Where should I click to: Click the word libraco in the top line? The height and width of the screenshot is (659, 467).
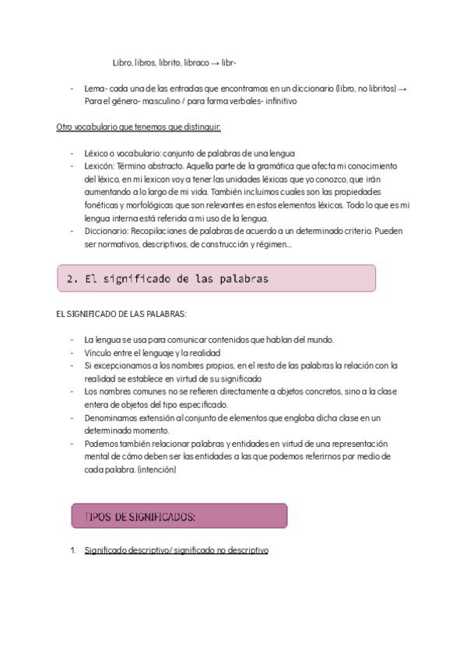pos(196,62)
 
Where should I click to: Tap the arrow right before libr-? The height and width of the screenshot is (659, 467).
pos(216,62)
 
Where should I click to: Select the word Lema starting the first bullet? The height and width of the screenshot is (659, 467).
pos(94,89)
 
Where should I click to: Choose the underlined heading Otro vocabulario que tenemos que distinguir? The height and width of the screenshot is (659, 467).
pos(139,127)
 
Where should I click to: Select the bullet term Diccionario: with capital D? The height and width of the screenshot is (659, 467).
pos(107,231)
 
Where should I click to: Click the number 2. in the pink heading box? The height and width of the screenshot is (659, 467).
pos(72,279)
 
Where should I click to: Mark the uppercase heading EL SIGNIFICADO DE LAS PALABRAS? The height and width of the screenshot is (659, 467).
pos(121,314)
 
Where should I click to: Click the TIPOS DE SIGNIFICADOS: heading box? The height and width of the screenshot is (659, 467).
pos(179,516)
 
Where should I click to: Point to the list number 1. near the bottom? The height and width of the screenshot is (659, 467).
pos(73,550)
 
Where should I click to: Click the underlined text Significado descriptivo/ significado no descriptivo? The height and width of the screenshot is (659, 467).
pos(176,550)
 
